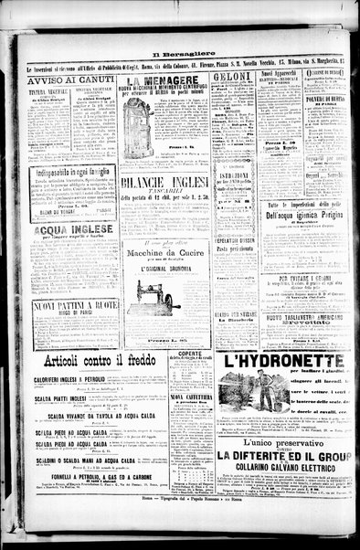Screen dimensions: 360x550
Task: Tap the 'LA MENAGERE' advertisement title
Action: point(165,79)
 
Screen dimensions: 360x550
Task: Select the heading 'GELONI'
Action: point(232,79)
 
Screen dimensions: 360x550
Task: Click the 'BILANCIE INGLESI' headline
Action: point(164,183)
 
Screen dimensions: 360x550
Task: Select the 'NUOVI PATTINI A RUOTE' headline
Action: point(75,306)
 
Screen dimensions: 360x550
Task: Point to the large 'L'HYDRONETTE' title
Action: point(283,360)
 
